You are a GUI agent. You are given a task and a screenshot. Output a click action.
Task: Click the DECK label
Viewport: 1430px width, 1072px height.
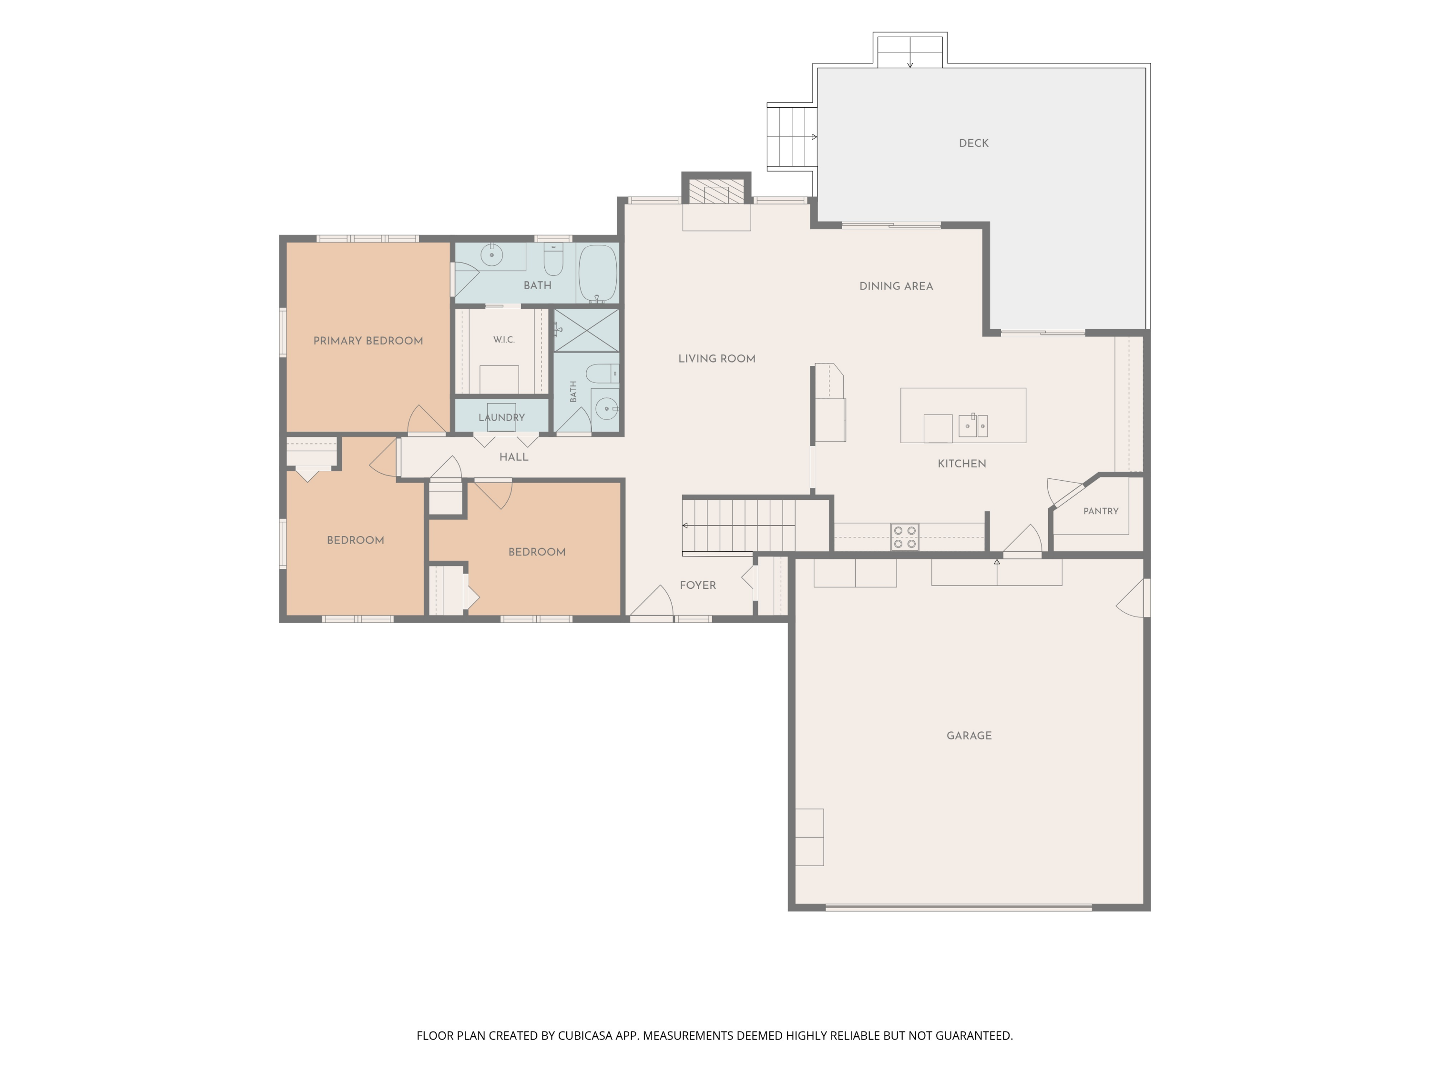tap(973, 143)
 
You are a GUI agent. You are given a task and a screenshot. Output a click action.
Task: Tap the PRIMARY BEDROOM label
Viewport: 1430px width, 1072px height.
tap(368, 341)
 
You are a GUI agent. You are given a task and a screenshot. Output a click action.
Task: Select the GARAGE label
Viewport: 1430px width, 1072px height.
tap(969, 735)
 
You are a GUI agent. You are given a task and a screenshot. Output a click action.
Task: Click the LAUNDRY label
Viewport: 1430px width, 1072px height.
tap(501, 417)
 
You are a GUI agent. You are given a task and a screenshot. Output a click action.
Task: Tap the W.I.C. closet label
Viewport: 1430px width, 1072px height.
tap(504, 340)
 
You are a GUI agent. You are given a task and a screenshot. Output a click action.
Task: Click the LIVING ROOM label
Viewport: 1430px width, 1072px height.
tap(716, 359)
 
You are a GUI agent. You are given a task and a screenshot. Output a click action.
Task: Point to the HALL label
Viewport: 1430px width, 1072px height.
tap(513, 457)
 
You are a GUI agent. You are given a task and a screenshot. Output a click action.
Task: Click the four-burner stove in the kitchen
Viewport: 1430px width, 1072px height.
tap(904, 537)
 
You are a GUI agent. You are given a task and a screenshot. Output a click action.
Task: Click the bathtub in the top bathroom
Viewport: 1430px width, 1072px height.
tap(597, 273)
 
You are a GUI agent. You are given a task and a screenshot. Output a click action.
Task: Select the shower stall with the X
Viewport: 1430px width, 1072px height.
tap(586, 330)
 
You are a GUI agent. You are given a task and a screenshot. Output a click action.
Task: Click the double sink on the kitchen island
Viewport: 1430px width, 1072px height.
tap(972, 425)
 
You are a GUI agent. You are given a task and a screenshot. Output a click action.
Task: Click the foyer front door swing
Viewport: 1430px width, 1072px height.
tap(652, 601)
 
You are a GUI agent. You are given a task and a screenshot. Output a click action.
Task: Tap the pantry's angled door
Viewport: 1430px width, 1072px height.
tap(1065, 492)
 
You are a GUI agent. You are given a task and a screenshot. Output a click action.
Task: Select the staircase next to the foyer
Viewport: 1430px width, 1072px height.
tap(739, 526)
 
